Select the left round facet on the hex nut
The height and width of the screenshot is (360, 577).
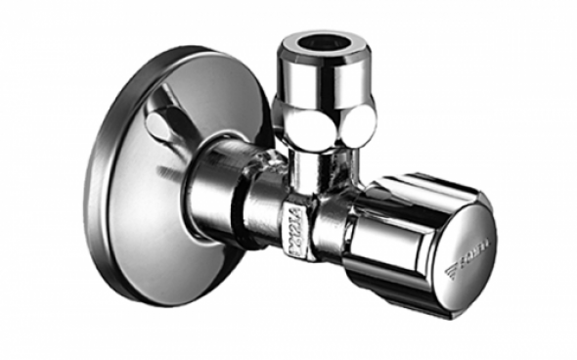point(293,122)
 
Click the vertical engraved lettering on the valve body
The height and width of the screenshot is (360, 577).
point(297,228)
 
